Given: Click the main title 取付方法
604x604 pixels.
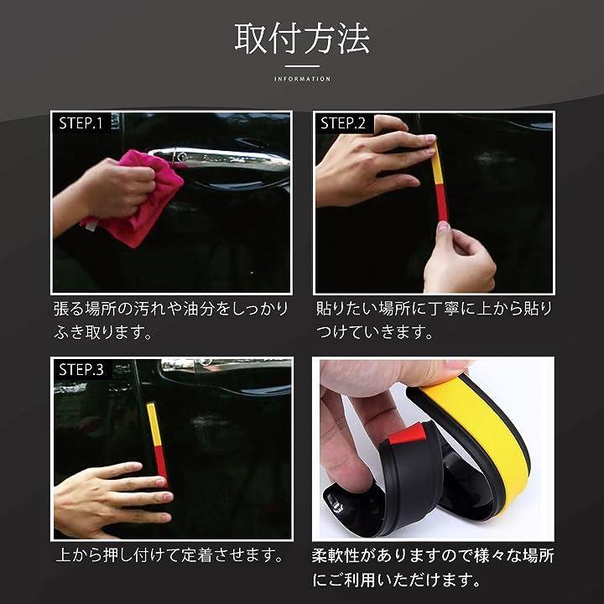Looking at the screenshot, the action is [302, 39].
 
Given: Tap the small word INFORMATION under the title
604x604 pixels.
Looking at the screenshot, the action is [302, 79].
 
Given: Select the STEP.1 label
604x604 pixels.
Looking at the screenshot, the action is [81, 123].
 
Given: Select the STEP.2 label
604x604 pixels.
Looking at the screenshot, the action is [343, 123].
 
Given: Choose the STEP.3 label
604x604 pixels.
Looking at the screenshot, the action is [81, 370].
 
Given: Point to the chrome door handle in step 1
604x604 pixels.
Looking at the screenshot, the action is [220, 160].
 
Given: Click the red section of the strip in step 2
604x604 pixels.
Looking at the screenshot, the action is [441, 203].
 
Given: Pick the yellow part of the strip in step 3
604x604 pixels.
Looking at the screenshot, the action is [154, 424].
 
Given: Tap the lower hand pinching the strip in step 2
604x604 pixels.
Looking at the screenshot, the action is [458, 258].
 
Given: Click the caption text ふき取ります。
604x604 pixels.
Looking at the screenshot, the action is [103, 332].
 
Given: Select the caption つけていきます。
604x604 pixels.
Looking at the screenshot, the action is [375, 332].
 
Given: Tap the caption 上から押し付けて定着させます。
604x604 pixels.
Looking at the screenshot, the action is [169, 555].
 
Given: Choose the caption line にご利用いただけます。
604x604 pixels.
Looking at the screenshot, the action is [397, 580].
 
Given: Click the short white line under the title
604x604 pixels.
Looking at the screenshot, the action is [302, 66].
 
